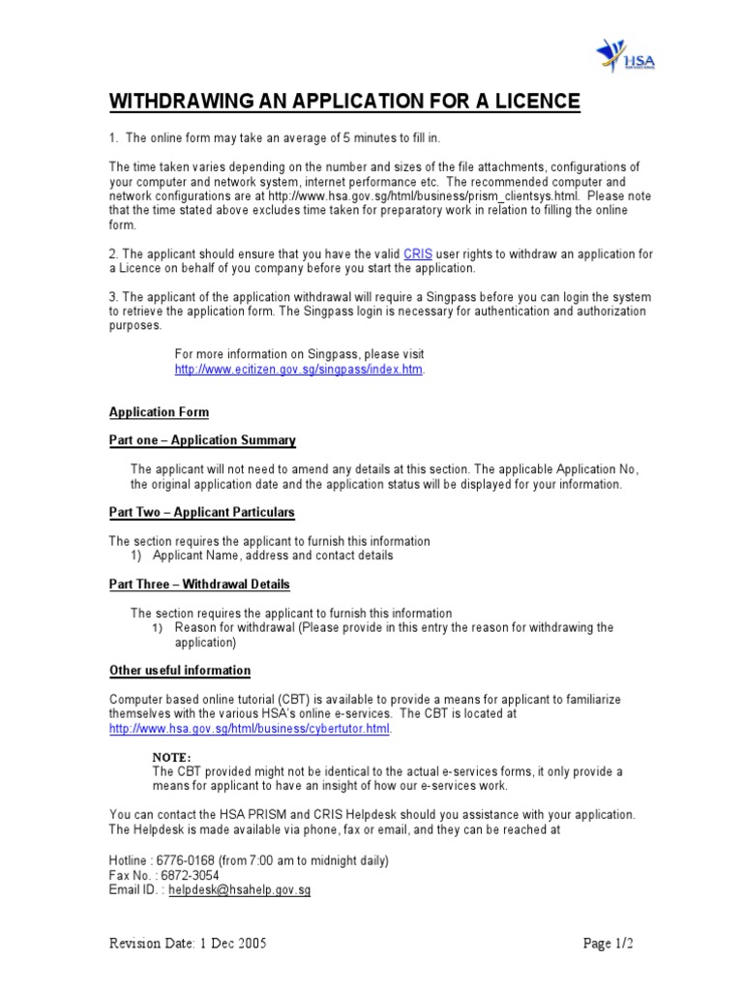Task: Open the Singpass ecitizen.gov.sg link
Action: (x=299, y=370)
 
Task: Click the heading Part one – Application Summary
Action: (x=202, y=440)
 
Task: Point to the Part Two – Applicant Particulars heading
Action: (x=202, y=512)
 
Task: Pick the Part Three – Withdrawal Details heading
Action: (x=199, y=585)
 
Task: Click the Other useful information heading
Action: (x=180, y=670)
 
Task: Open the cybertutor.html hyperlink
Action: (x=250, y=728)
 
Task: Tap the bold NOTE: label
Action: (x=172, y=756)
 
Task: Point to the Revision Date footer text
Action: (x=188, y=943)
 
